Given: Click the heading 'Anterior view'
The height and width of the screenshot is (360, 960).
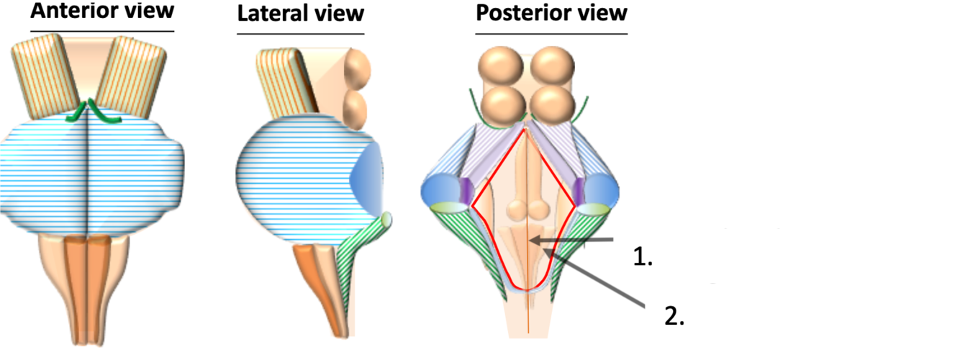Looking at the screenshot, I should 102,12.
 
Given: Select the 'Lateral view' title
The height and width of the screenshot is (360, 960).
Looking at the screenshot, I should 301,14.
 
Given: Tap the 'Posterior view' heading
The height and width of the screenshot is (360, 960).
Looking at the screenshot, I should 551,12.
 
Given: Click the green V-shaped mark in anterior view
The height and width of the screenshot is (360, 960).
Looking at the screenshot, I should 89,112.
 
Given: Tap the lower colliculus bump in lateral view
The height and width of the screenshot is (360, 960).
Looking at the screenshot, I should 354,107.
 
